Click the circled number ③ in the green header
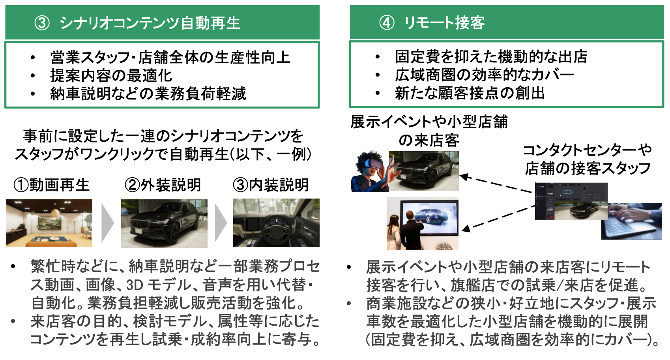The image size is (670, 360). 42,23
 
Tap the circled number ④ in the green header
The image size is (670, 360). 387,22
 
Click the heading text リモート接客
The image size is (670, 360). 444,22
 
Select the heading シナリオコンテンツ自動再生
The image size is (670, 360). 150,23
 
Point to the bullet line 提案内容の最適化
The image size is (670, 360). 111,75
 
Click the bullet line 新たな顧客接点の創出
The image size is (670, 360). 470,93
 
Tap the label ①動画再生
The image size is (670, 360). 51,185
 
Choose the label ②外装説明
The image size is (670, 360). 163,185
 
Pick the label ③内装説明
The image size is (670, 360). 271,185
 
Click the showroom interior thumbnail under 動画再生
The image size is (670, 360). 49,223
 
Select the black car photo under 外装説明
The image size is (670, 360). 164,223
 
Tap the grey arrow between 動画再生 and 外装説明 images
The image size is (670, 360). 107,223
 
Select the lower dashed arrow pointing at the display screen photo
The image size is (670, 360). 497,218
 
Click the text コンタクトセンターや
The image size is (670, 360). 587,150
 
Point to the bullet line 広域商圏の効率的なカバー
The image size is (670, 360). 484,75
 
